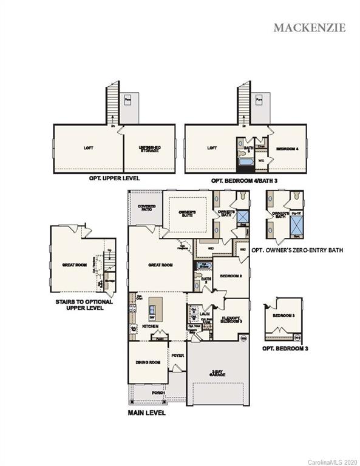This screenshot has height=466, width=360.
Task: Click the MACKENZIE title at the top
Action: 310,27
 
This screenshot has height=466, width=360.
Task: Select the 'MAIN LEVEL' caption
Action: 147,413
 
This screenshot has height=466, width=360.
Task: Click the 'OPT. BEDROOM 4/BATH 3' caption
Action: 244,180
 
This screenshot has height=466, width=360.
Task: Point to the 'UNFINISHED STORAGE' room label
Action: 149,149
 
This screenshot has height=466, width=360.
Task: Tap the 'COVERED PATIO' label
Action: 146,208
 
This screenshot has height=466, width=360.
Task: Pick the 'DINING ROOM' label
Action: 147,362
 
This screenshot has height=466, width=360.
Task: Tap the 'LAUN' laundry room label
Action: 195,314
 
